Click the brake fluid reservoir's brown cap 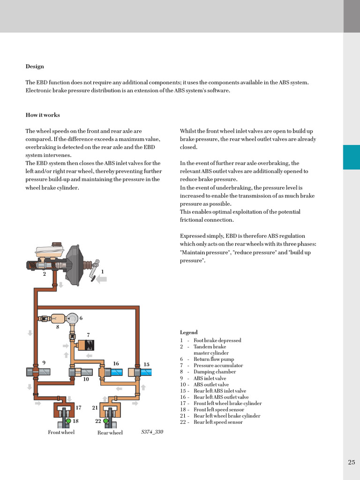(57, 245)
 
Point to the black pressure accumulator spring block (89, 346)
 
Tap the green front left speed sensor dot (68, 421)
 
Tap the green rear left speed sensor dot (106, 421)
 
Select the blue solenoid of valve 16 (116, 372)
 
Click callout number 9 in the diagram (44, 363)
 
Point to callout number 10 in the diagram (86, 380)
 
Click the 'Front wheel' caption (61, 432)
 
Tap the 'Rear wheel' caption (110, 433)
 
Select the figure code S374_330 (152, 432)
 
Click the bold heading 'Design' (35, 67)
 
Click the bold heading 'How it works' (43, 115)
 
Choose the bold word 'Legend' (188, 332)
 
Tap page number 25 (352, 462)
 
